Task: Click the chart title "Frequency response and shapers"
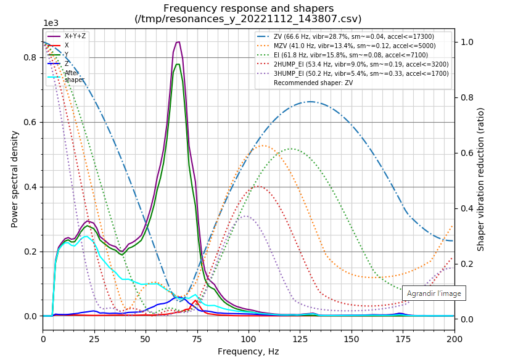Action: (x=248, y=9)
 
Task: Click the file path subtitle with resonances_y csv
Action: (x=248, y=18)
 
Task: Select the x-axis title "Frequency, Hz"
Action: (x=248, y=351)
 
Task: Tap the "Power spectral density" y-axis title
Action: (x=15, y=179)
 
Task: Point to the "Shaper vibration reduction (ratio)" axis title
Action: (x=481, y=179)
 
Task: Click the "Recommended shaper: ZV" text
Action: (x=313, y=83)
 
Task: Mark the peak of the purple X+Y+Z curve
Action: (x=178, y=42)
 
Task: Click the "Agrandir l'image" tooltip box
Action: (x=434, y=293)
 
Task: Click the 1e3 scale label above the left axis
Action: (x=51, y=23)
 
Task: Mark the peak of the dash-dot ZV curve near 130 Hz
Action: (x=310, y=102)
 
